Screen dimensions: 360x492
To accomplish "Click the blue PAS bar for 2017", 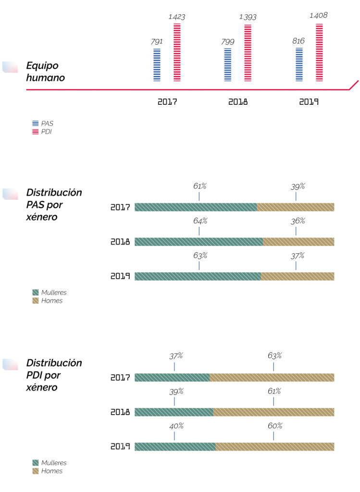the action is coord(157,65).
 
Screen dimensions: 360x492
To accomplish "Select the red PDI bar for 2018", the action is coord(248,53).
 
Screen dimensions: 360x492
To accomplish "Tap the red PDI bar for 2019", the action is coord(319,52).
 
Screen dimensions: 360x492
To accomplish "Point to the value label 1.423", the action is coord(177,17).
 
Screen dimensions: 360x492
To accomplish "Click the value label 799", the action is coord(227,42).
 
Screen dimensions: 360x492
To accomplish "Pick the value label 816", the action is coord(298,41).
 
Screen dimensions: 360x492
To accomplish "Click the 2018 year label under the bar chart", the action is coord(238,102).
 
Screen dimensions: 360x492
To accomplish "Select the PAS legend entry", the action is coord(43,123).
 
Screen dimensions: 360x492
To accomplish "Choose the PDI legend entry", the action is coord(42,132).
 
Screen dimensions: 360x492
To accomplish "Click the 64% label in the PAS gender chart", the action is coord(200,221).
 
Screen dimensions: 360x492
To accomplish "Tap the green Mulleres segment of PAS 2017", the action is coord(196,207).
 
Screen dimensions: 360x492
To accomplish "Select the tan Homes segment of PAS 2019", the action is coord(298,276).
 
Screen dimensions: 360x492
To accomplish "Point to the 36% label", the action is coord(298,221).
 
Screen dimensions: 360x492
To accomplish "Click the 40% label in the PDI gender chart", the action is coord(176,426).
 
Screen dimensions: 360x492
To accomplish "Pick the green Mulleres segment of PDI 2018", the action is coord(174,412).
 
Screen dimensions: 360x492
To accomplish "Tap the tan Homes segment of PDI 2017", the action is coord(272,378).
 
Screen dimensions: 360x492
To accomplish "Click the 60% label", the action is coord(275,426).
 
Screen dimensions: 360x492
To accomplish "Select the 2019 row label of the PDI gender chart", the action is coord(120,446).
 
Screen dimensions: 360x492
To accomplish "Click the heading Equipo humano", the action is coord(46,72).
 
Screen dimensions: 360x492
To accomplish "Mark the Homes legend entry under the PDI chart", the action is coord(48,471).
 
